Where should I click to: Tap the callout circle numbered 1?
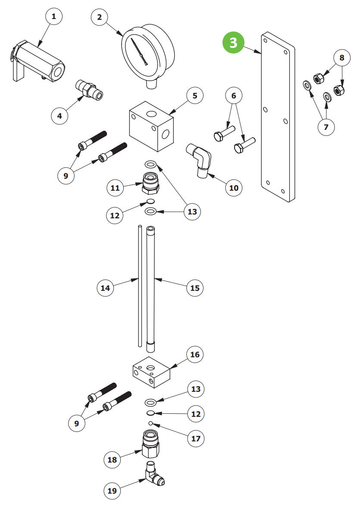point(54,17)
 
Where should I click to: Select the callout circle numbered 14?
point(106,287)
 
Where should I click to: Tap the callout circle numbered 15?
point(195,287)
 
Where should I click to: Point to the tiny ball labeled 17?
point(150,422)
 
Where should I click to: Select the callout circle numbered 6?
point(234,95)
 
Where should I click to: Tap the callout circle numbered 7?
point(326,127)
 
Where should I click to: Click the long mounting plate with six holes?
point(277,117)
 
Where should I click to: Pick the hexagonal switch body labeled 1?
point(41,60)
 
